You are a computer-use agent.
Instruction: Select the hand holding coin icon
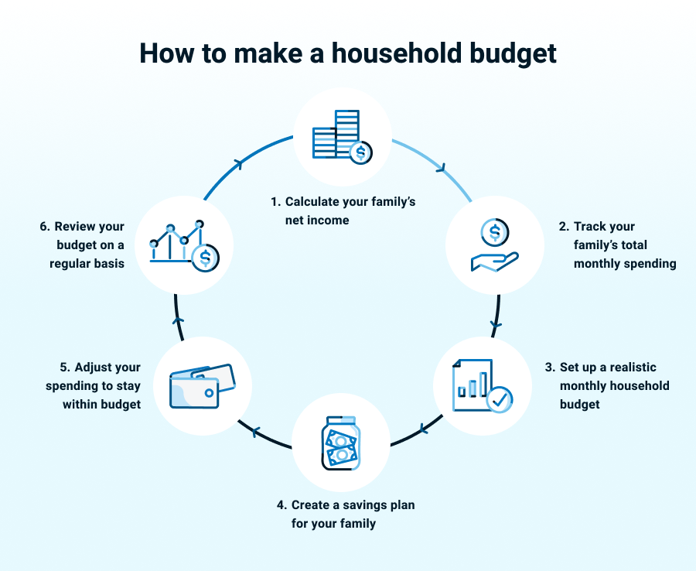point(494,244)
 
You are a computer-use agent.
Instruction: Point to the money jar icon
point(340,443)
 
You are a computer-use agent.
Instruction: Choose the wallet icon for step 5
point(203,386)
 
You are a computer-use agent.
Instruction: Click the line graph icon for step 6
point(185,245)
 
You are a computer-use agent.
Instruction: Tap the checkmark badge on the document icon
point(500,399)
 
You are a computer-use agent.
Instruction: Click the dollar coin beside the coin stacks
point(360,152)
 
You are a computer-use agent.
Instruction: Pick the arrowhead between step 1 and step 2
point(442,168)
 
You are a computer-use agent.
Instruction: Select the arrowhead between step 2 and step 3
point(496,325)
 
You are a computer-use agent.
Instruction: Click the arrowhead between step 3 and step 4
point(424,429)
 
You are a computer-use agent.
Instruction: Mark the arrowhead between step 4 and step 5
point(255,431)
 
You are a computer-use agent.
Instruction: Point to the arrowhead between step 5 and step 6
point(179,320)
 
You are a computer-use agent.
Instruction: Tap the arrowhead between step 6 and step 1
point(239,164)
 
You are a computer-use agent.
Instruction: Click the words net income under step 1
point(317,221)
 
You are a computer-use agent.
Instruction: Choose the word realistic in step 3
point(633,368)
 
